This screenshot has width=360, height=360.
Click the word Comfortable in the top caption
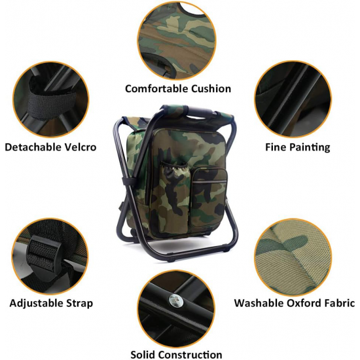coord(157,89)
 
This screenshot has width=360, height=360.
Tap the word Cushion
coord(211,89)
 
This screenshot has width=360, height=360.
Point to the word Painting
coord(310,148)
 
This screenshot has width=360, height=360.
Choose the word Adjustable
coord(37,304)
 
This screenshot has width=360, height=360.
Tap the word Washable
coord(259,303)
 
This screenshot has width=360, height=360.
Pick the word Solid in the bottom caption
coord(143,355)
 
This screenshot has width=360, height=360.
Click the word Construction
coord(190,355)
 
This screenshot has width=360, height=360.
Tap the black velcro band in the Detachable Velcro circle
coord(52,103)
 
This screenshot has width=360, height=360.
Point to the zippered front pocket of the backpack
coord(209,197)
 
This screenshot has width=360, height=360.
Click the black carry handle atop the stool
coord(199,112)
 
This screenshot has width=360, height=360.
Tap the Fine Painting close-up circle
coord(293,99)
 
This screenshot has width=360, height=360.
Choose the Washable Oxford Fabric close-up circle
coord(293,257)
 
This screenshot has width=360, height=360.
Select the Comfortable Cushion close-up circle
coord(177,40)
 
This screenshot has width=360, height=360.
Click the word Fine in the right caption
coord(276,147)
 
